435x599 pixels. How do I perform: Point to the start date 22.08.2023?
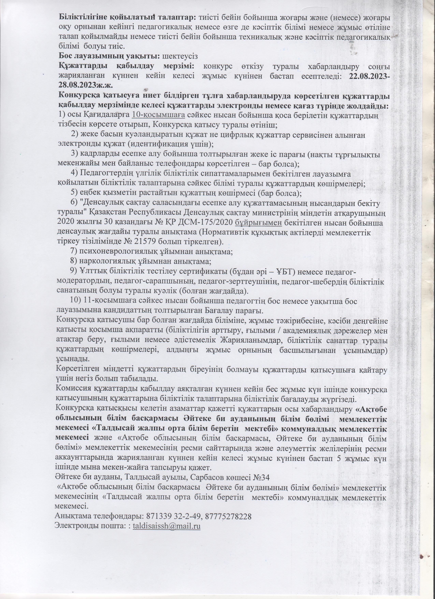[x=368, y=77]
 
